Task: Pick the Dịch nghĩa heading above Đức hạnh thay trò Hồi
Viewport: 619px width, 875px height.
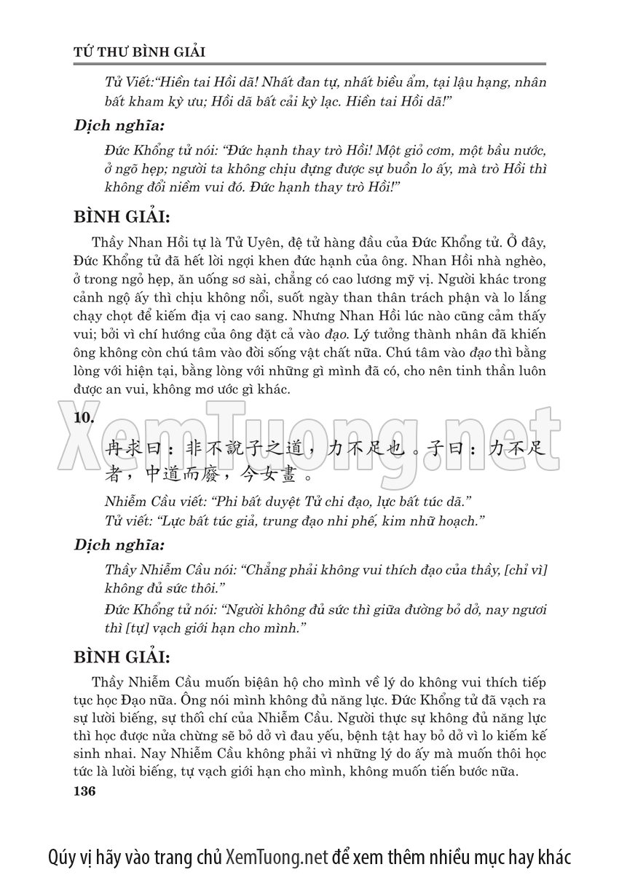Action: pos(119,124)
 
